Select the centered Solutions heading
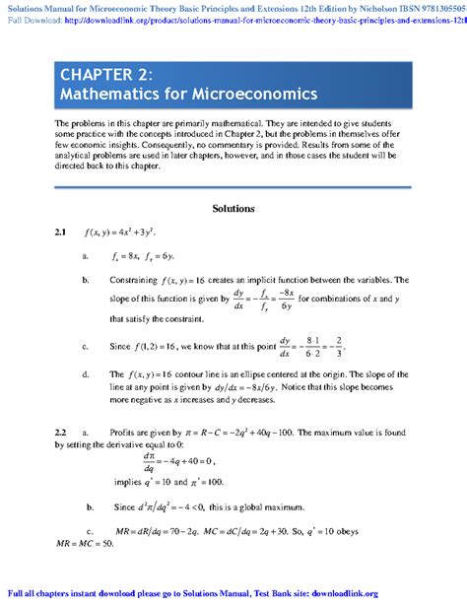(x=233, y=209)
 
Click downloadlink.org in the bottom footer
(x=427, y=593)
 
